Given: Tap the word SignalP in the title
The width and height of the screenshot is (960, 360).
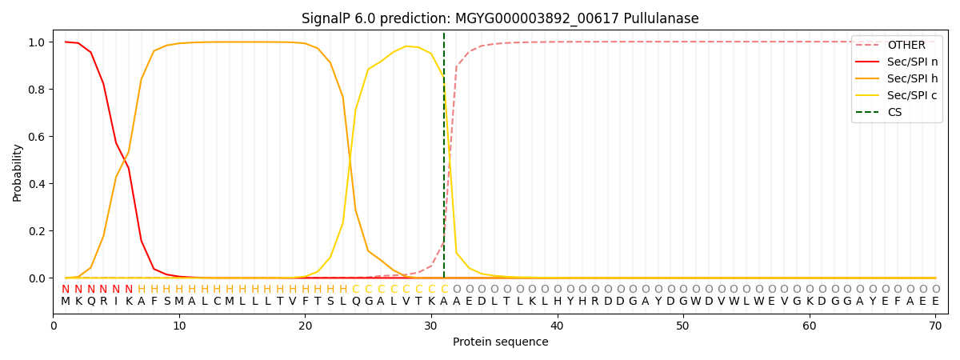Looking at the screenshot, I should click(326, 18).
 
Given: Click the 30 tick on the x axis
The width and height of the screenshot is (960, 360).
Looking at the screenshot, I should click(431, 326).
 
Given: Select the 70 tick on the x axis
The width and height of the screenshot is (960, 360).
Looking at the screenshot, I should click(935, 326).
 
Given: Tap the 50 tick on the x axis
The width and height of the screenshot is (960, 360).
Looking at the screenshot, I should click(683, 326).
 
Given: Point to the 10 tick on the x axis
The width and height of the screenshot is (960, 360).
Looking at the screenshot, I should click(179, 326).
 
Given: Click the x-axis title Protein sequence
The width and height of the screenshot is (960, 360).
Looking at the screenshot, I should click(500, 342).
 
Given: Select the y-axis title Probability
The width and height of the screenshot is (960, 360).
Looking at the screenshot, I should click(17, 172).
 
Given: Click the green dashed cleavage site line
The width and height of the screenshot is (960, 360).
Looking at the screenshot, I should click(444, 160).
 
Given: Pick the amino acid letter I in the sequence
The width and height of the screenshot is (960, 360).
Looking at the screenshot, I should click(116, 302).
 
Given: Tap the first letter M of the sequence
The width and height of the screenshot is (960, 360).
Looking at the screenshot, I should click(66, 302).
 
